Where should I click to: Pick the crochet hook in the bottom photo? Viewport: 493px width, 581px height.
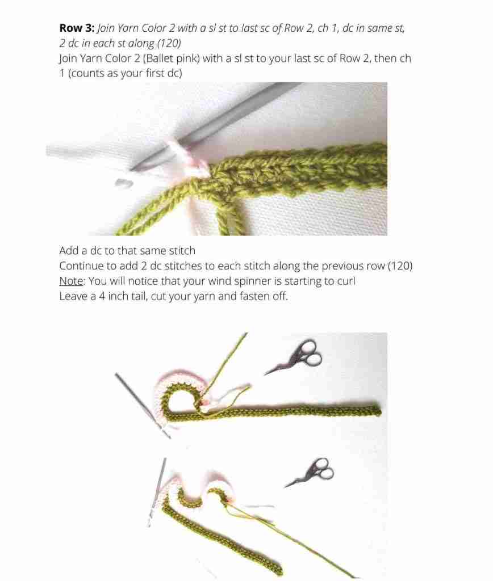[157, 488]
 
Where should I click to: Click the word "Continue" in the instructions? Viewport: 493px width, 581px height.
[80, 266]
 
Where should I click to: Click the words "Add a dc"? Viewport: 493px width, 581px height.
[80, 250]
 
